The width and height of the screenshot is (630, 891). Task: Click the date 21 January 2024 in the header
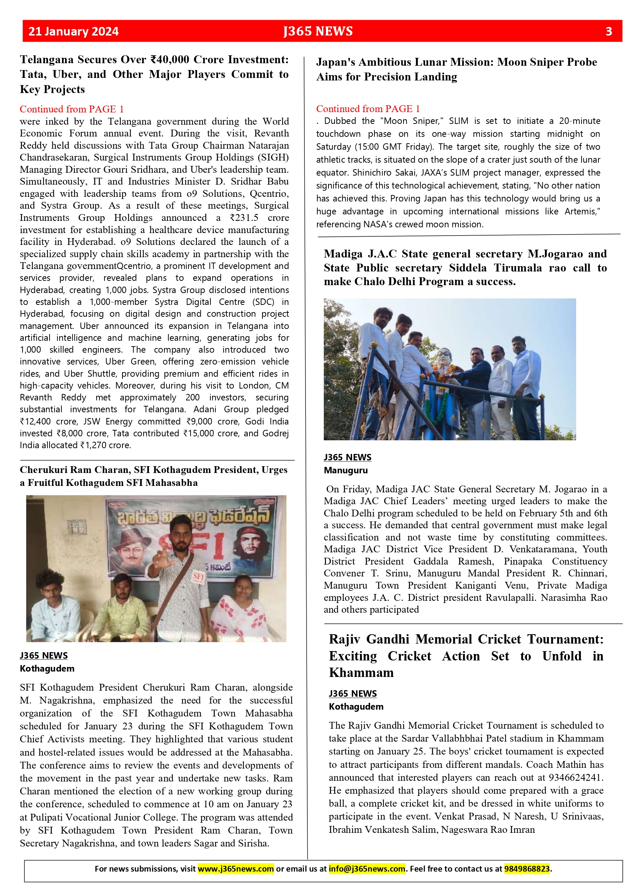tap(73, 32)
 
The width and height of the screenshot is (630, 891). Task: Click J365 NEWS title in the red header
tap(318, 32)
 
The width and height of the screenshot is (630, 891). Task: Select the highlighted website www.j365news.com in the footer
tap(235, 868)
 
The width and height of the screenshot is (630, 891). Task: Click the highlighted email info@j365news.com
tap(367, 868)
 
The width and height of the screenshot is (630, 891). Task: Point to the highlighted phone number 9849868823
tap(526, 868)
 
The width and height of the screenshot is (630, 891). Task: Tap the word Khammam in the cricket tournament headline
tap(361, 673)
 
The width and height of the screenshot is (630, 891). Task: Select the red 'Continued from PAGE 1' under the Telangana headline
tap(72, 109)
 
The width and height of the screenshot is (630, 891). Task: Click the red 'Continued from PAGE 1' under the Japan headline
tap(368, 109)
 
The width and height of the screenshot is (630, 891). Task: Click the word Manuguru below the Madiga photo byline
tap(346, 470)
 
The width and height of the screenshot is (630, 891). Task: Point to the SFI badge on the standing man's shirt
tap(198, 576)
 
